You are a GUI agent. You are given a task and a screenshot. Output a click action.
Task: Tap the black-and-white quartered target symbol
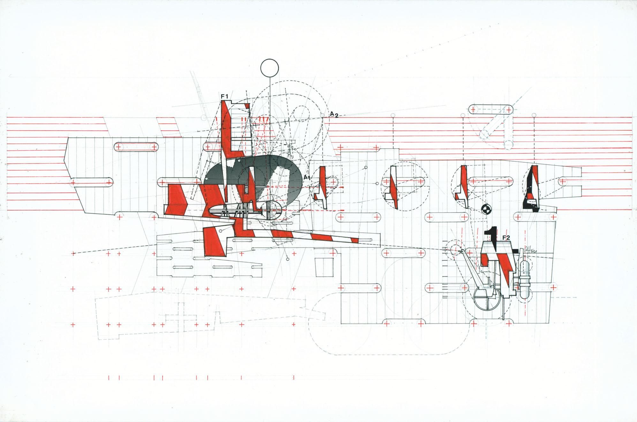coord(486,210)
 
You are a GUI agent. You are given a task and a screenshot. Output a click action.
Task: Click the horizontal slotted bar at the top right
coord(490,118)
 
